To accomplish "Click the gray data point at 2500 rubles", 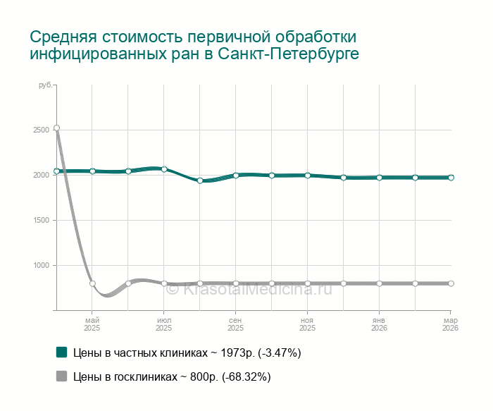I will tap(56, 128).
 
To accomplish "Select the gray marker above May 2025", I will tap(92, 283).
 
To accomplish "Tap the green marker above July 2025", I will tap(164, 169).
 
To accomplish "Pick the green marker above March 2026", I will tap(451, 178).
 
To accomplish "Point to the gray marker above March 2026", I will tap(451, 283).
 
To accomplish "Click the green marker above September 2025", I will tap(236, 175).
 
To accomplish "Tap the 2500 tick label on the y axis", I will tap(41, 130).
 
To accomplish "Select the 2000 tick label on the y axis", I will tap(41, 175).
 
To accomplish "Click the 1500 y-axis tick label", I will tap(41, 220).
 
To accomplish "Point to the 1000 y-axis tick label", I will tap(41, 265).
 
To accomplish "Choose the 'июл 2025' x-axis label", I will tap(164, 324).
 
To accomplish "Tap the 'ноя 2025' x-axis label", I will tap(307, 324).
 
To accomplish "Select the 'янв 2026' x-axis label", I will tap(379, 324).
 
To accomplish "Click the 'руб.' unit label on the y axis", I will tap(45, 85).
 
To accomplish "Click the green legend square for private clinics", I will tap(61, 352).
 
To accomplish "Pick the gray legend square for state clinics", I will tap(61, 376).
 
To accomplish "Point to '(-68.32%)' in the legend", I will tap(246, 377).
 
